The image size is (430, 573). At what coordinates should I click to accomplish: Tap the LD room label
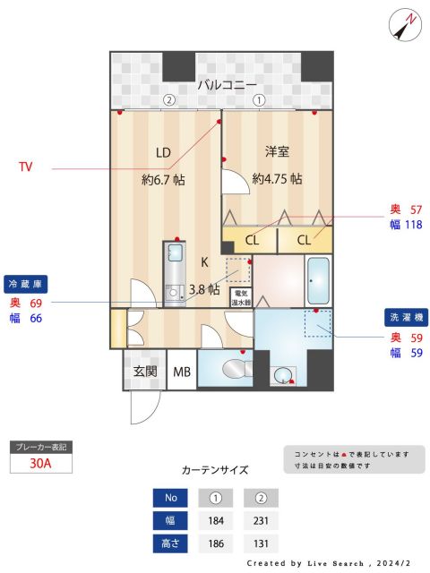pyautogui.click(x=163, y=151)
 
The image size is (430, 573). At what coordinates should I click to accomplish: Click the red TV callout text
pyautogui.click(x=28, y=167)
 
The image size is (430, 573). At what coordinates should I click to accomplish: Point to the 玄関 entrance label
pyautogui.click(x=145, y=372)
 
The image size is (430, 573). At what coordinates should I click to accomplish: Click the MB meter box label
pyautogui.click(x=182, y=372)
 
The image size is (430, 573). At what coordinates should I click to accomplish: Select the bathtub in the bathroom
pyautogui.click(x=318, y=282)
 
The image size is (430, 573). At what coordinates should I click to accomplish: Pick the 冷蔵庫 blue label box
pyautogui.click(x=26, y=283)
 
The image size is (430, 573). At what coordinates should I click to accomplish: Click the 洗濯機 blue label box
pyautogui.click(x=406, y=318)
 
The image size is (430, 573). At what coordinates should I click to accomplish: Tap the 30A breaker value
pyautogui.click(x=39, y=464)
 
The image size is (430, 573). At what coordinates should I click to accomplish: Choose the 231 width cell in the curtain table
pyautogui.click(x=261, y=521)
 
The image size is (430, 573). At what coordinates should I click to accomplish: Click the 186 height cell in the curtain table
pyautogui.click(x=215, y=543)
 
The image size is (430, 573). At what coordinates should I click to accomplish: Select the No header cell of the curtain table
pyautogui.click(x=170, y=499)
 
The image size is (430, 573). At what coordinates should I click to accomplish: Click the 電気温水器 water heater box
pyautogui.click(x=241, y=297)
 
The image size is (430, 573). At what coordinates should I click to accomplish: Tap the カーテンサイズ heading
pyautogui.click(x=215, y=469)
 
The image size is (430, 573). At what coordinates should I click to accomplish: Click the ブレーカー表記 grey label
pyautogui.click(x=39, y=446)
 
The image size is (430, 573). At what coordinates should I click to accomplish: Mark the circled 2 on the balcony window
pyautogui.click(x=168, y=100)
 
